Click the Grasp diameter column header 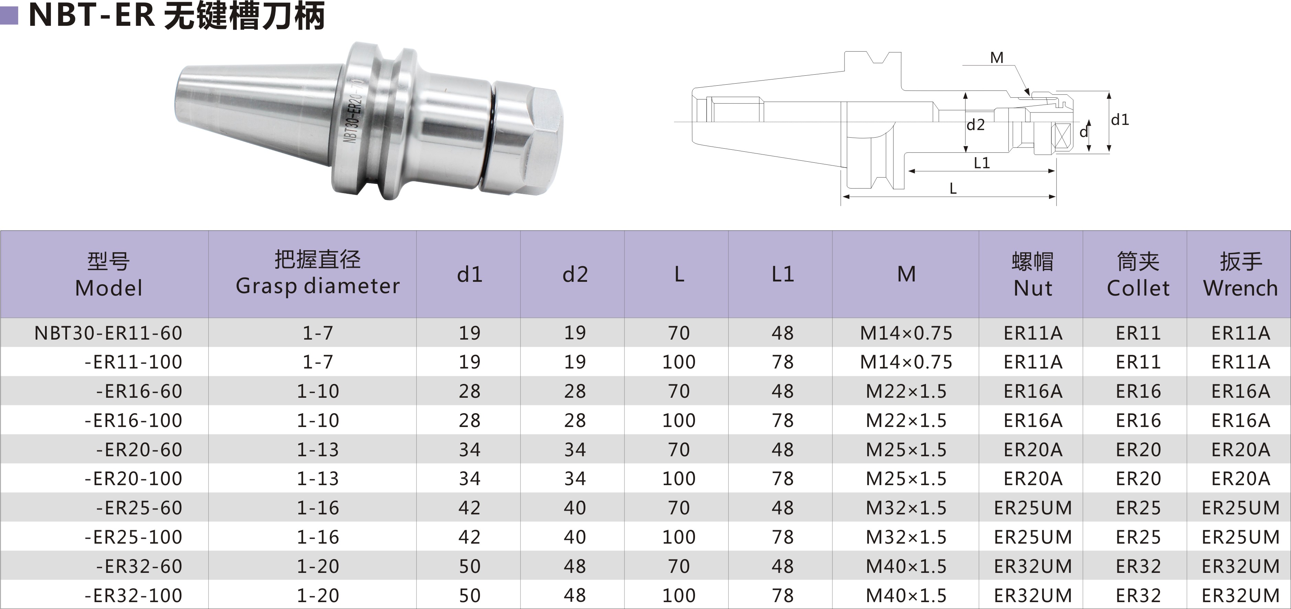coord(318,274)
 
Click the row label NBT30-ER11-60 coord(108,333)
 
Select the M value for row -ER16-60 coord(906,391)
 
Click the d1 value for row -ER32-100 coord(470,596)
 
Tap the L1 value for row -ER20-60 coord(782,449)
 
